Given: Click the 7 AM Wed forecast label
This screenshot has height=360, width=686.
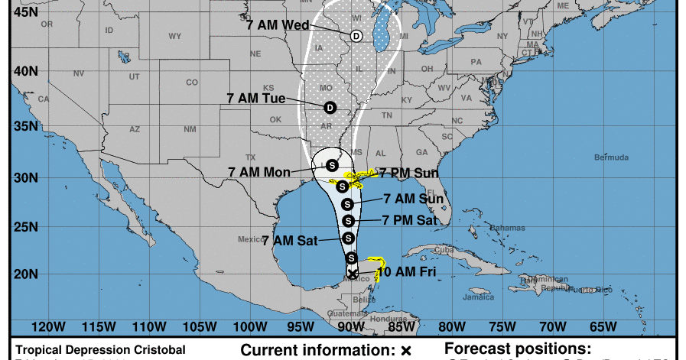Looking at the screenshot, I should click(x=278, y=24).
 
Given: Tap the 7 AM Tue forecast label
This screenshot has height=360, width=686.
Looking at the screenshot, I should click(x=256, y=98).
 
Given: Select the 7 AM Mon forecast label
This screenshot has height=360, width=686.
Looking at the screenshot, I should click(x=259, y=171).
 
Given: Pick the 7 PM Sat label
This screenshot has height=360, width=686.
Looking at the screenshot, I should click(x=409, y=220).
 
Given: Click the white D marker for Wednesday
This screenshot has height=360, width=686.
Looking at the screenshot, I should click(x=356, y=36).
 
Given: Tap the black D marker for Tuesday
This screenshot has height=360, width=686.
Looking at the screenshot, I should click(x=330, y=107).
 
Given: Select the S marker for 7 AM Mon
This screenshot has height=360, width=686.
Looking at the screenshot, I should click(x=332, y=164).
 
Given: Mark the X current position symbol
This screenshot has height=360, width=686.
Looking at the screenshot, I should click(x=352, y=273).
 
